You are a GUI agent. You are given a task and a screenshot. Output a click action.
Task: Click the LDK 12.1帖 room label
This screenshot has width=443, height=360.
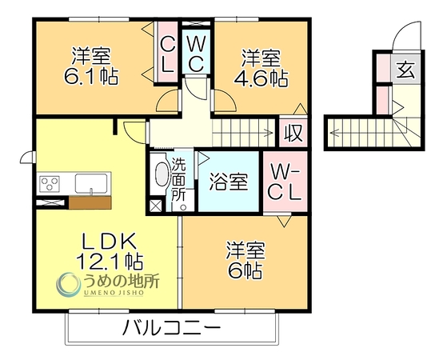tap(110, 250)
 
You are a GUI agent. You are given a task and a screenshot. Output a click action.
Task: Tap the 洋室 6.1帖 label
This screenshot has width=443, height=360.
tap(91, 66)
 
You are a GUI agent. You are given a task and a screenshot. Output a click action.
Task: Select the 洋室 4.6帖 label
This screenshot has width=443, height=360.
tap(261, 68)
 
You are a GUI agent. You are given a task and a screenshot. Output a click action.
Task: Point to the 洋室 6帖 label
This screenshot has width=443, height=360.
tap(245, 260)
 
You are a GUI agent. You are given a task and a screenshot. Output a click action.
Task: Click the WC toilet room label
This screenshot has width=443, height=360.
tap(196, 54)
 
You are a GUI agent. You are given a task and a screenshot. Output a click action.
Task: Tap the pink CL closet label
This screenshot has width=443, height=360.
tap(168, 55)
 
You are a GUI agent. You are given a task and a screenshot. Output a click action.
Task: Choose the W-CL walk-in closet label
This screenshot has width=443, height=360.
tap(284, 182)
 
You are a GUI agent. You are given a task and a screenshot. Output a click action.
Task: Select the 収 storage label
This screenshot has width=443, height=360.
tap(293, 133)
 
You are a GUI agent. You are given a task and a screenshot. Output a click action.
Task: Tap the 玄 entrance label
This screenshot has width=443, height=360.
tap(405, 70)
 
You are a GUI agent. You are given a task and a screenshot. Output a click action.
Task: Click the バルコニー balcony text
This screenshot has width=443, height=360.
tap(171, 327)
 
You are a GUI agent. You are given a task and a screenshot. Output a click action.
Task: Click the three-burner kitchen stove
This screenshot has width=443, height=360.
tap(50, 184)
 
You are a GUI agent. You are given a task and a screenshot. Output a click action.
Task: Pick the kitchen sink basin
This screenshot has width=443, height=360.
tap(91, 183)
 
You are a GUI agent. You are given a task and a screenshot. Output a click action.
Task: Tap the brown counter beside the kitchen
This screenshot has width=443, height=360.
tap(90, 203)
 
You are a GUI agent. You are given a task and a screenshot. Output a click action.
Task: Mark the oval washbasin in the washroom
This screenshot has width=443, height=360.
tap(162, 174)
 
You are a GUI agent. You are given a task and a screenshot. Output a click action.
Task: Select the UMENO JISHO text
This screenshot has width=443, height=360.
tap(114, 293)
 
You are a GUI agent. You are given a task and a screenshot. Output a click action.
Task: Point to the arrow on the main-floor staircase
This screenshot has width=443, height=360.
tap(267, 133)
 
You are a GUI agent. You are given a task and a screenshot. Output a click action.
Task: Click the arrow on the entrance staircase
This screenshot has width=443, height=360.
tap(335, 132)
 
